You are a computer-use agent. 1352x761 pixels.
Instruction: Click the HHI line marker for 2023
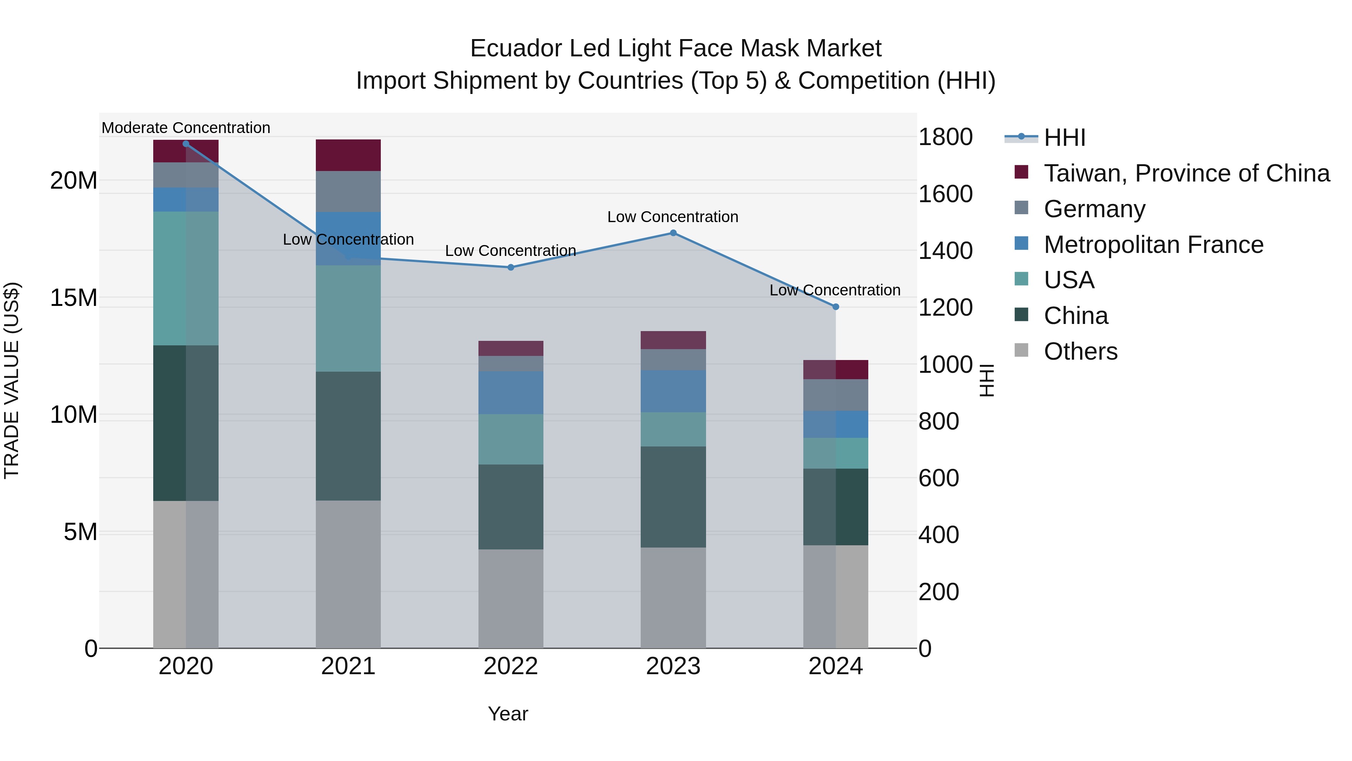(673, 233)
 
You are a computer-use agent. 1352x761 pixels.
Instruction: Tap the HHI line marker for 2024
(836, 307)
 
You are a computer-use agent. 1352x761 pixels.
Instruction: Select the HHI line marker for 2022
(511, 267)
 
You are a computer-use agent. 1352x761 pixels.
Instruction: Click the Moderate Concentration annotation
(186, 128)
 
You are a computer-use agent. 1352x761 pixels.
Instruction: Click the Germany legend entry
(1094, 209)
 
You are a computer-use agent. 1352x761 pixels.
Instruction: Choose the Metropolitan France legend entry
(1153, 245)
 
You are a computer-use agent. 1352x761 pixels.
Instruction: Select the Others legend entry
(1080, 351)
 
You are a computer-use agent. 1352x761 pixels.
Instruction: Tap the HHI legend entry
(1064, 138)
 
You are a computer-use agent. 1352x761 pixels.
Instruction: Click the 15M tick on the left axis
(74, 298)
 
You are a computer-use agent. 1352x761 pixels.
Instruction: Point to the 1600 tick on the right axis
(945, 194)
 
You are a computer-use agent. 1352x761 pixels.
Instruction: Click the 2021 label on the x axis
(348, 666)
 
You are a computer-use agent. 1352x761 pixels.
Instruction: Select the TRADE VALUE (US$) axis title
(12, 380)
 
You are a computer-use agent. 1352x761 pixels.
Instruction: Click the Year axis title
(507, 714)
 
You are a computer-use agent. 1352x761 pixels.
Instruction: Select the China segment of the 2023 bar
(673, 497)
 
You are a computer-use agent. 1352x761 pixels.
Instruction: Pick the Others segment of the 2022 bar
(511, 599)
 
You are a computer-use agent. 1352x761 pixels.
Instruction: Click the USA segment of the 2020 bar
(186, 278)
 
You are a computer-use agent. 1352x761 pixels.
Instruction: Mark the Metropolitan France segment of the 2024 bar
(836, 424)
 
